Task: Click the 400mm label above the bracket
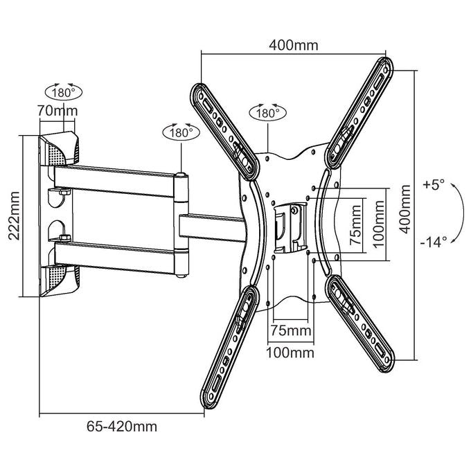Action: pyautogui.click(x=293, y=45)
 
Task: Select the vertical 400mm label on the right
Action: pyautogui.click(x=405, y=209)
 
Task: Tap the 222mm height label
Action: pyautogui.click(x=14, y=215)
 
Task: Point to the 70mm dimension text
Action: pyautogui.click(x=57, y=111)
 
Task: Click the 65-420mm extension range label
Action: pyautogui.click(x=122, y=426)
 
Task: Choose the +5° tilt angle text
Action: pyautogui.click(x=433, y=184)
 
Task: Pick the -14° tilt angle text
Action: pyautogui.click(x=434, y=242)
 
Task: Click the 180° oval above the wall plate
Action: pyautogui.click(x=64, y=92)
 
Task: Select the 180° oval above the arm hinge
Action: pyautogui.click(x=181, y=132)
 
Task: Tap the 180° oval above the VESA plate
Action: pyautogui.click(x=267, y=113)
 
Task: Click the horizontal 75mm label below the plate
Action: pyautogui.click(x=291, y=330)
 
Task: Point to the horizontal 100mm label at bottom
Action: pyautogui.click(x=290, y=353)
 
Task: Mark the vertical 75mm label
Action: pyautogui.click(x=356, y=225)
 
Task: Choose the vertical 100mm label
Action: pyautogui.click(x=378, y=224)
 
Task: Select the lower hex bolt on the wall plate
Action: pyautogui.click(x=65, y=238)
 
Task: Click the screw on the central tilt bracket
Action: pyautogui.click(x=295, y=210)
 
